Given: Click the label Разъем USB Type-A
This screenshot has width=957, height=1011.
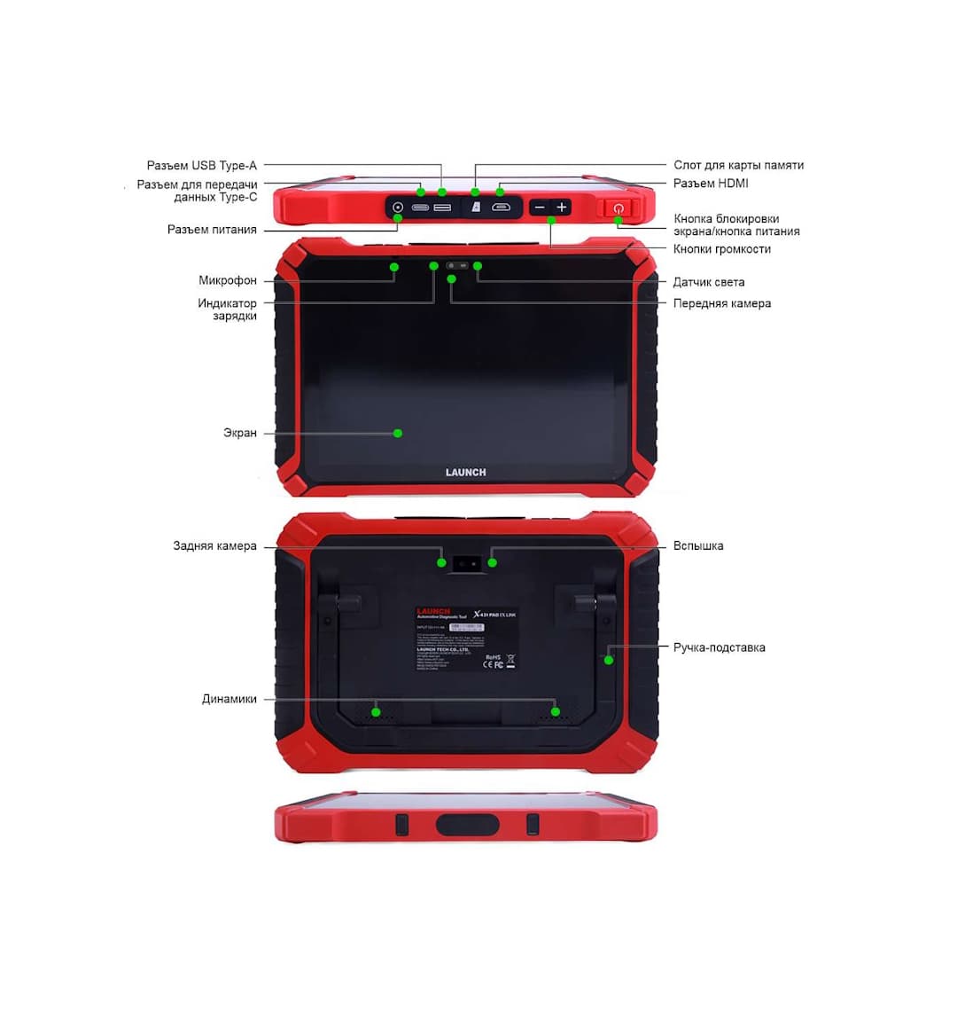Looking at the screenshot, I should pyautogui.click(x=201, y=166).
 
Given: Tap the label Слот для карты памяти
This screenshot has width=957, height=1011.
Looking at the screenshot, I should pyautogui.click(x=738, y=165).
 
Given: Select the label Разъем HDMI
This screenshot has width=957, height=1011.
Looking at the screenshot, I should pyautogui.click(x=711, y=184).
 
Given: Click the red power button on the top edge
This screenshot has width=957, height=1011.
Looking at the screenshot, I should pyautogui.click(x=619, y=208).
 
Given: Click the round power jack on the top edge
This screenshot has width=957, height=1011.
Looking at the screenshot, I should pyautogui.click(x=398, y=208).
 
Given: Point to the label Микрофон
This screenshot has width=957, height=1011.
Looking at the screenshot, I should pyautogui.click(x=228, y=280).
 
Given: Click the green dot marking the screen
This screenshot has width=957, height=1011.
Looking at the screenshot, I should pyautogui.click(x=398, y=433).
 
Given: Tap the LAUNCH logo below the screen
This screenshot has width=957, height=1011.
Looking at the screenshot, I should pyautogui.click(x=465, y=473).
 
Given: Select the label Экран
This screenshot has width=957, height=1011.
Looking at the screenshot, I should pyautogui.click(x=240, y=433).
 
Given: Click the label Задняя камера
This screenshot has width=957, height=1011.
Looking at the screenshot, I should pyautogui.click(x=214, y=546).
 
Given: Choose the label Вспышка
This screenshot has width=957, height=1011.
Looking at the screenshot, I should pyautogui.click(x=698, y=546).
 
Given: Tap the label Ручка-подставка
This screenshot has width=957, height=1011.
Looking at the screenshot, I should pyautogui.click(x=719, y=647).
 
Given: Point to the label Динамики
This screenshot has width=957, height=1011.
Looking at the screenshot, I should pyautogui.click(x=230, y=699).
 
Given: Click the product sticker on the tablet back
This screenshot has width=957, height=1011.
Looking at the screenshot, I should pyautogui.click(x=466, y=639).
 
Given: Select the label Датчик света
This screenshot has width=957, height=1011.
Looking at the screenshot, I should pyautogui.click(x=708, y=282).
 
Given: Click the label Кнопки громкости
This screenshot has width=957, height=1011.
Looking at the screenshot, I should pyautogui.click(x=721, y=249).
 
